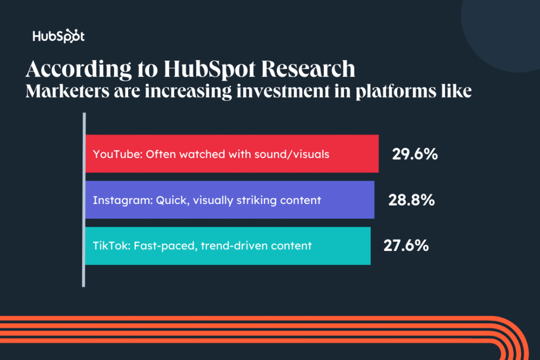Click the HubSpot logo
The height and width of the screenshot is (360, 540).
[x=59, y=37]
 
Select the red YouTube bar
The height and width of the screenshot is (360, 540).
[x=232, y=154]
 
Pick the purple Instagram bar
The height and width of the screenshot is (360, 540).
[x=230, y=200]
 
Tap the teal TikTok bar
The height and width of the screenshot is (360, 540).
[x=228, y=246]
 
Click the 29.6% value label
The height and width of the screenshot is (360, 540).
[x=415, y=154]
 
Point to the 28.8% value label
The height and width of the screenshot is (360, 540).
[x=411, y=200]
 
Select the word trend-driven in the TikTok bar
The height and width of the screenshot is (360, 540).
[x=228, y=246]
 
